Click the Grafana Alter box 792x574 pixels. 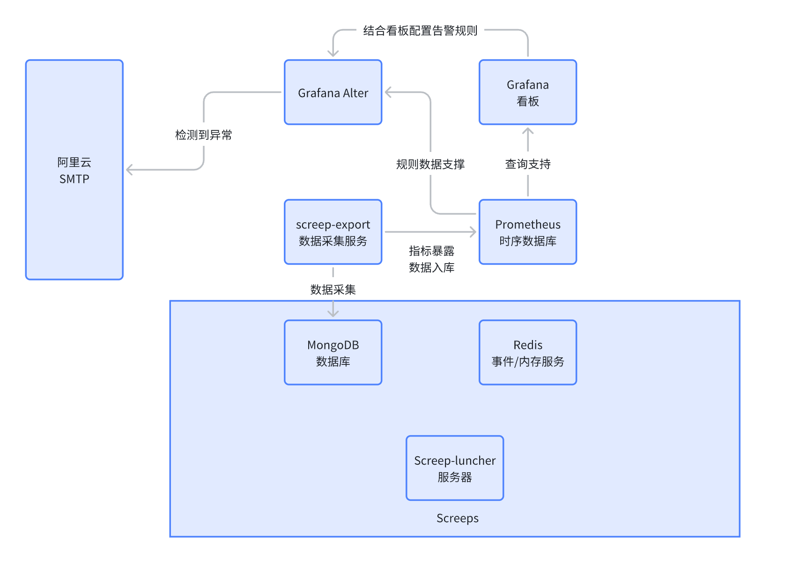click(333, 92)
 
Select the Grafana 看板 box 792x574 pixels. click(527, 92)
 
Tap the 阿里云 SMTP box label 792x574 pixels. click(74, 170)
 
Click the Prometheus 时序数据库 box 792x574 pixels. click(527, 232)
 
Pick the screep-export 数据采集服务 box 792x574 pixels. click(333, 232)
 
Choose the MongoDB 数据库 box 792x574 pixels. click(333, 353)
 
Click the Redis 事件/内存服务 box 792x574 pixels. click(527, 353)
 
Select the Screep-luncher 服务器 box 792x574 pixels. click(454, 468)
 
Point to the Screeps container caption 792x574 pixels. click(457, 518)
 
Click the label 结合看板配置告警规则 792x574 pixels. click(420, 31)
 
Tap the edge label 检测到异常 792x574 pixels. click(203, 135)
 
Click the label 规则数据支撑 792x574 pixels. click(430, 164)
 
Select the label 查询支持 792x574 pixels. click(527, 164)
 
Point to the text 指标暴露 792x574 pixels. click(431, 251)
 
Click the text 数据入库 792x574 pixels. click(431, 267)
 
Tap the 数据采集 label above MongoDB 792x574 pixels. click(333, 289)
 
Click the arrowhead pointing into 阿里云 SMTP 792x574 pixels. click(130, 170)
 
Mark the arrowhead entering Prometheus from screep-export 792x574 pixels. click(473, 232)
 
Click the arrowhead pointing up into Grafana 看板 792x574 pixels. click(528, 131)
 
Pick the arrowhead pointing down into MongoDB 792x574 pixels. click(333, 313)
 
